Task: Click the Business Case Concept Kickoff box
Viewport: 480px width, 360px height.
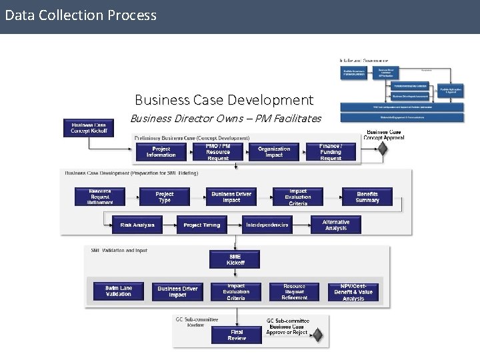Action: click(x=89, y=128)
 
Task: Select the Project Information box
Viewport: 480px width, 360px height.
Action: click(x=161, y=152)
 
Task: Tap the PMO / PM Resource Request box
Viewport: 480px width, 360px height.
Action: click(x=218, y=152)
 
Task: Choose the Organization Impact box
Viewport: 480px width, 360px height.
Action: click(x=274, y=152)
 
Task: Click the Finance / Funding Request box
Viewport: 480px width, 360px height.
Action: click(x=330, y=152)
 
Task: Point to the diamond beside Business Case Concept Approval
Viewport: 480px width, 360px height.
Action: click(x=382, y=148)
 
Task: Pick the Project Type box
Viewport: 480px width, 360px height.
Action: click(x=164, y=197)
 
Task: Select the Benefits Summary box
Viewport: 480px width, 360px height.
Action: click(x=367, y=197)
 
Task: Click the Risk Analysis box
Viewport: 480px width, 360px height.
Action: click(x=137, y=225)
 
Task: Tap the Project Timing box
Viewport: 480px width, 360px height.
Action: click(x=201, y=225)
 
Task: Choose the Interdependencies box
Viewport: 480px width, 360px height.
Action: click(x=267, y=225)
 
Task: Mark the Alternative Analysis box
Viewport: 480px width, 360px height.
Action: click(x=335, y=225)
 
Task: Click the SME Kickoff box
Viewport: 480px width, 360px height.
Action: click(x=235, y=259)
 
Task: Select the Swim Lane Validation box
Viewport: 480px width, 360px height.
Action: click(x=119, y=291)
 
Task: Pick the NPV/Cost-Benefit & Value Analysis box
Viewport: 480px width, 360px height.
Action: click(x=353, y=291)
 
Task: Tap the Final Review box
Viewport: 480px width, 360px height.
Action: click(x=237, y=335)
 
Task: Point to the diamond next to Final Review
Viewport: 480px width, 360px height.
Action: click(x=318, y=335)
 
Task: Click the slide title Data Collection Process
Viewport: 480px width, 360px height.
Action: click(x=81, y=15)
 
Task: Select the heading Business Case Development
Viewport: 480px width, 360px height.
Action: click(x=223, y=100)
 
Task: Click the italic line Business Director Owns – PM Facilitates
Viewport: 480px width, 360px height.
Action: click(x=225, y=119)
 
